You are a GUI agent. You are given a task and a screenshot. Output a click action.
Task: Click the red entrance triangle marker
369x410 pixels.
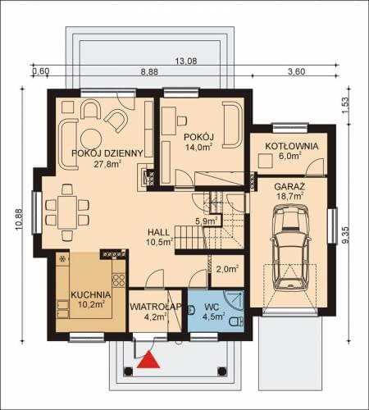[148, 359]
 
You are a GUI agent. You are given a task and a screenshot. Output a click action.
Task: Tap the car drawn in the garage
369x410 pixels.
[291, 248]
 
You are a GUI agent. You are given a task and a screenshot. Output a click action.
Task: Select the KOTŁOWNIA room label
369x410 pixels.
[292, 146]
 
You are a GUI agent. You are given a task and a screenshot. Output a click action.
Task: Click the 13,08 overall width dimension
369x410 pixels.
[186, 61]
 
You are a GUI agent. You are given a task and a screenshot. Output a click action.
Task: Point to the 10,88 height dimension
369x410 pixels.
[19, 220]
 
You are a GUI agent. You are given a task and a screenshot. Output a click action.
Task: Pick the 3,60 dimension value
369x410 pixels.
[297, 71]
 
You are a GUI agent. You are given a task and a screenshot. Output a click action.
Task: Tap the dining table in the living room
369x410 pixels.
[67, 212]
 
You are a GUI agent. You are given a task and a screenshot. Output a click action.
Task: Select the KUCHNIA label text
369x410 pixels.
[91, 295]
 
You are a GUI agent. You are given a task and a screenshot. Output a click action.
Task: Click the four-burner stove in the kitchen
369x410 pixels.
[119, 280]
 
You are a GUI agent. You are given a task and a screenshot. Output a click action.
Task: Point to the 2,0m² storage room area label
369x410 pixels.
[228, 269]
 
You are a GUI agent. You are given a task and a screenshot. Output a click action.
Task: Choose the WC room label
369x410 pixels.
[212, 307]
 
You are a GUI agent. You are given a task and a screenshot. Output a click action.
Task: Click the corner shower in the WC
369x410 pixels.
[234, 299]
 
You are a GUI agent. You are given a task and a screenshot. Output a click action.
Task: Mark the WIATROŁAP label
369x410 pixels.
[156, 307]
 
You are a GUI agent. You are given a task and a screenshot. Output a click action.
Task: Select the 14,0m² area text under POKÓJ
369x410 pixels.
[199, 148]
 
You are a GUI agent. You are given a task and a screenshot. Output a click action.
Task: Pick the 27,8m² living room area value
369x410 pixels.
[107, 164]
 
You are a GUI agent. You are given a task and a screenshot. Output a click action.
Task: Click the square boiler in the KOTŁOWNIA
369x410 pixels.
[266, 161]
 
